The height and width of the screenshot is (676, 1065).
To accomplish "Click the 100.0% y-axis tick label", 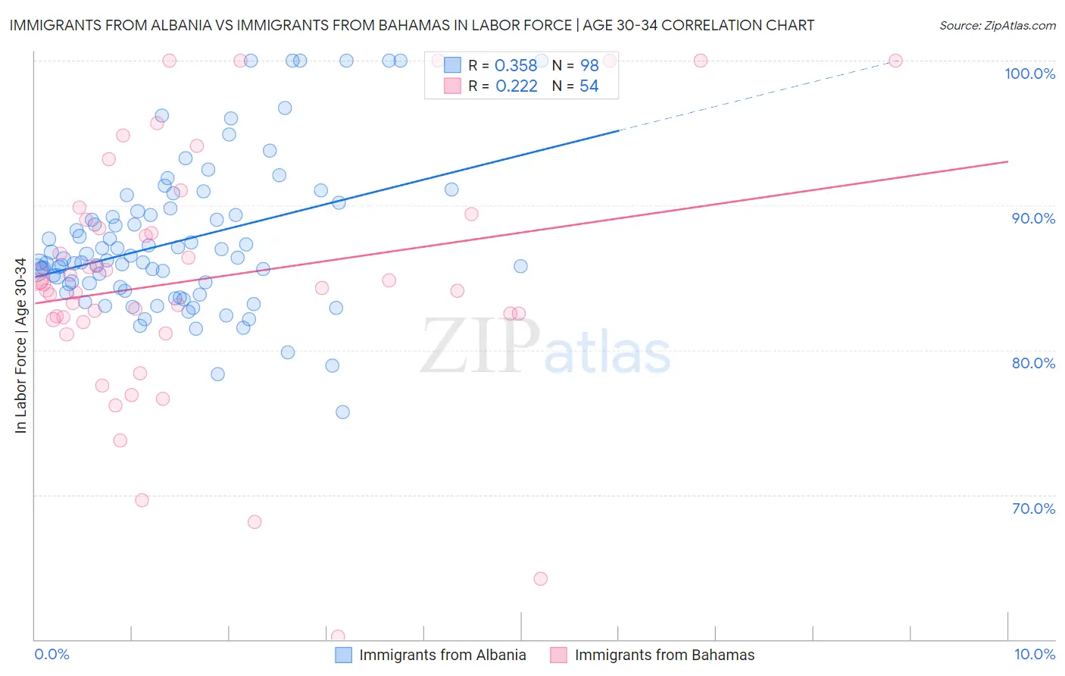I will pyautogui.click(x=1029, y=74).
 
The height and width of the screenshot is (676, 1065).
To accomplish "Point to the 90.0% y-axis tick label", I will pyautogui.click(x=1033, y=218).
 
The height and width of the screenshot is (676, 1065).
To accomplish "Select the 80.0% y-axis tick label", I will pyautogui.click(x=1033, y=363).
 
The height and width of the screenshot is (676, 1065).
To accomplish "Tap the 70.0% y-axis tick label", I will pyautogui.click(x=1033, y=509).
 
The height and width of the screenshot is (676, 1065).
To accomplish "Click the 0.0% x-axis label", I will pyautogui.click(x=52, y=655).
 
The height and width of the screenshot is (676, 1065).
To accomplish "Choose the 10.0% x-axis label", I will pyautogui.click(x=1035, y=655).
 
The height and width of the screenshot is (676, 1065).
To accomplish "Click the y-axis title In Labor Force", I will pyautogui.click(x=20, y=346).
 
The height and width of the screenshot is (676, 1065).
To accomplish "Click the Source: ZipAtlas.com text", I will pyautogui.click(x=997, y=25).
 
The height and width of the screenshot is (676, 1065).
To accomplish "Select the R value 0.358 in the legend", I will pyautogui.click(x=515, y=66).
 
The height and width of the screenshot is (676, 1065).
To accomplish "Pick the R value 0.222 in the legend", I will pyautogui.click(x=516, y=86).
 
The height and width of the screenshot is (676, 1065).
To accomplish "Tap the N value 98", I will pyautogui.click(x=589, y=66).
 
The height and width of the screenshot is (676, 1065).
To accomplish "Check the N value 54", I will pyautogui.click(x=589, y=86).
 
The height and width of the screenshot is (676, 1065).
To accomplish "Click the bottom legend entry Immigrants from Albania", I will pyautogui.click(x=442, y=656).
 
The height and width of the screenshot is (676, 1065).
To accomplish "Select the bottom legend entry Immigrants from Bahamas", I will pyautogui.click(x=664, y=656).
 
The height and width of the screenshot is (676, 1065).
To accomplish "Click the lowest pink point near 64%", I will pyautogui.click(x=540, y=579).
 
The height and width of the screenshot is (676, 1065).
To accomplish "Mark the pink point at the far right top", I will pyautogui.click(x=895, y=61).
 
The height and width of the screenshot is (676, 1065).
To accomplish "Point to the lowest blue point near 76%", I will pyautogui.click(x=342, y=412).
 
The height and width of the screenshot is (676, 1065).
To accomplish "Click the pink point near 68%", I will pyautogui.click(x=255, y=522).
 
